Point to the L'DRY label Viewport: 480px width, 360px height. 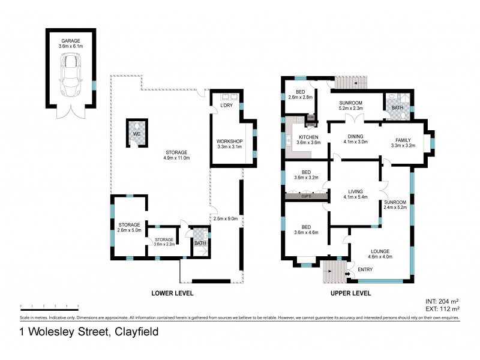point(226,106)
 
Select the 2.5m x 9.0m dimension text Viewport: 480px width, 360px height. point(226,219)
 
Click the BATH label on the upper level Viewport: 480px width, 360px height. point(397,108)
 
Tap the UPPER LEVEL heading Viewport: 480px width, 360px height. point(350,293)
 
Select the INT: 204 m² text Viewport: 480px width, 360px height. point(442,301)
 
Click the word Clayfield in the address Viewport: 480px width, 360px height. point(129,331)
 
